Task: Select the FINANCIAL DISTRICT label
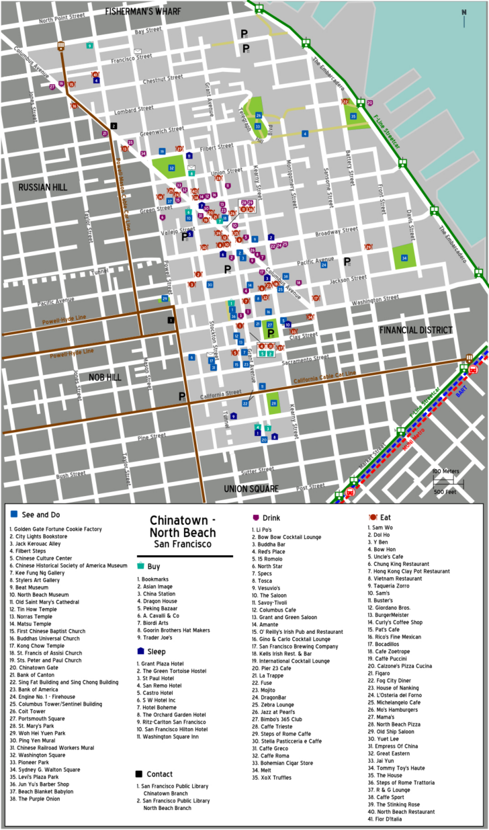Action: pos(416,330)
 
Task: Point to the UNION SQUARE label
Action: pos(251,489)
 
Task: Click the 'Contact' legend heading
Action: pos(160,774)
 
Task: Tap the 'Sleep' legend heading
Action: pos(157,651)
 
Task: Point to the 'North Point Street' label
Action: pos(66,19)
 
